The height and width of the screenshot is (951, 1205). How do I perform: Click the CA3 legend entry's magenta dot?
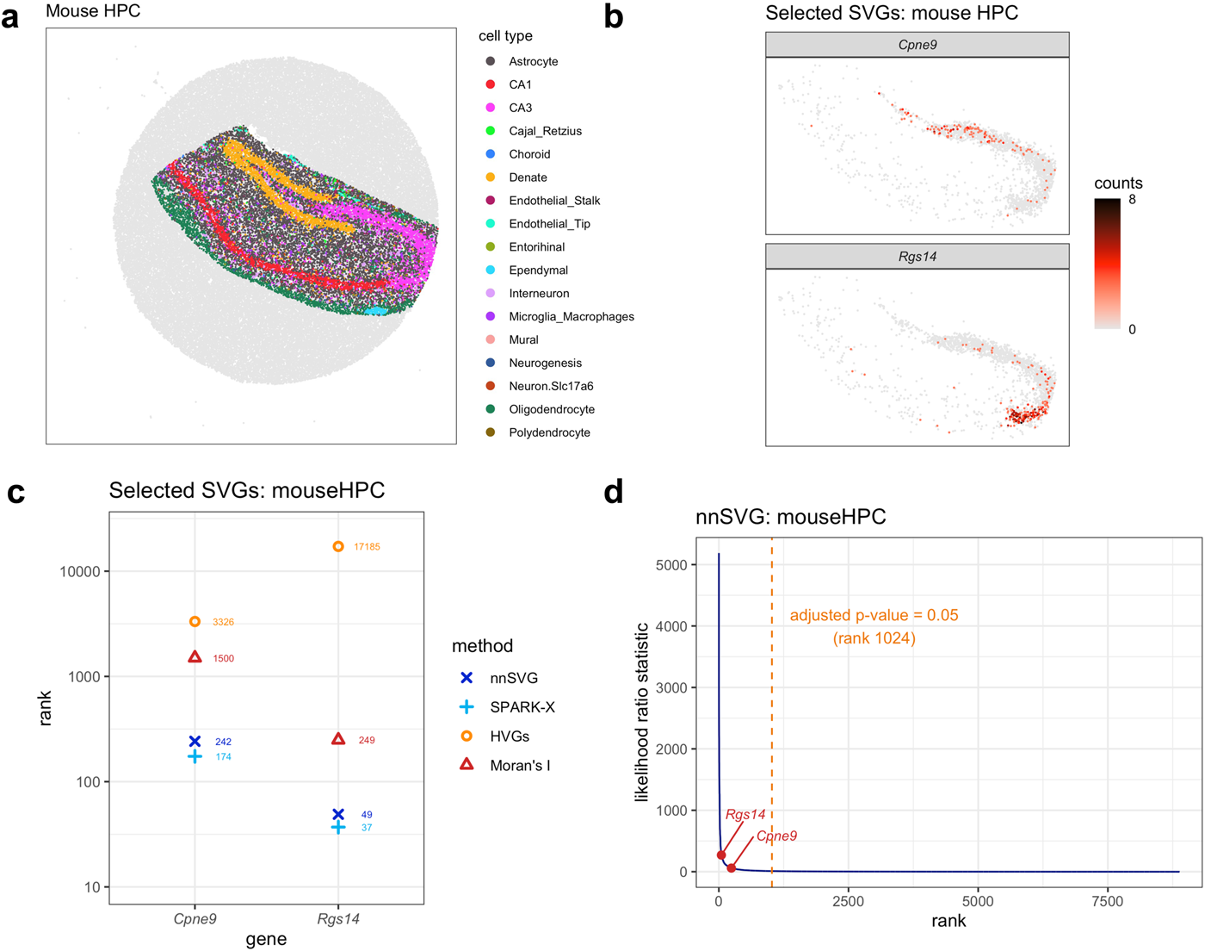pyautogui.click(x=491, y=108)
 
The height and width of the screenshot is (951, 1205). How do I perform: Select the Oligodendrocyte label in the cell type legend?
pyautogui.click(x=551, y=409)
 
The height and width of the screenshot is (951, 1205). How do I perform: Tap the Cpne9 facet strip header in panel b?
pyautogui.click(x=917, y=45)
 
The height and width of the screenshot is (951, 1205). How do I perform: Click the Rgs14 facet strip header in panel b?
pyautogui.click(x=917, y=257)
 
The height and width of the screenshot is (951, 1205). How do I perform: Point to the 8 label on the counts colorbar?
pyautogui.click(x=1132, y=200)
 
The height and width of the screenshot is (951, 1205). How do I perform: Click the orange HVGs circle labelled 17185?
pyautogui.click(x=338, y=546)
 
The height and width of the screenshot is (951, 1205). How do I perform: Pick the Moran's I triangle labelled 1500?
pyautogui.click(x=195, y=657)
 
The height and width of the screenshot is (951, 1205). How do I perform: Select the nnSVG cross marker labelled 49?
pyautogui.click(x=338, y=814)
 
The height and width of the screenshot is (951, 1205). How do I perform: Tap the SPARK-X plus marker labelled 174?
pyautogui.click(x=195, y=756)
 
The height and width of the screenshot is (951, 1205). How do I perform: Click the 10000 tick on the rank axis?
pyautogui.click(x=79, y=572)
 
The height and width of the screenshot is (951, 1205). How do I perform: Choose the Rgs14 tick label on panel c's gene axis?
pyautogui.click(x=338, y=919)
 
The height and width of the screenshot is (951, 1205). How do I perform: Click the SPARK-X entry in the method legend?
pyautogui.click(x=522, y=707)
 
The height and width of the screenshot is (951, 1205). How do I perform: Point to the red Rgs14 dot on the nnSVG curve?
pyautogui.click(x=721, y=855)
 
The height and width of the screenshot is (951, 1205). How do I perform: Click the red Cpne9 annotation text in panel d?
pyautogui.click(x=776, y=836)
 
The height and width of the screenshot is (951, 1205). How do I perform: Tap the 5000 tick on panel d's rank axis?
pyautogui.click(x=978, y=901)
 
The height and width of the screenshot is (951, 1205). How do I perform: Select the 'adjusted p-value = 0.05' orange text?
pyautogui.click(x=874, y=615)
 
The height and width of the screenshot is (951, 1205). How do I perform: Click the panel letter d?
pyautogui.click(x=614, y=492)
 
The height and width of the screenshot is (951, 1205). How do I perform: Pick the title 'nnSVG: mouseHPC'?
pyautogui.click(x=790, y=517)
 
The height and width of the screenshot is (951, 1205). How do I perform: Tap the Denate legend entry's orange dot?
pyautogui.click(x=491, y=177)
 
